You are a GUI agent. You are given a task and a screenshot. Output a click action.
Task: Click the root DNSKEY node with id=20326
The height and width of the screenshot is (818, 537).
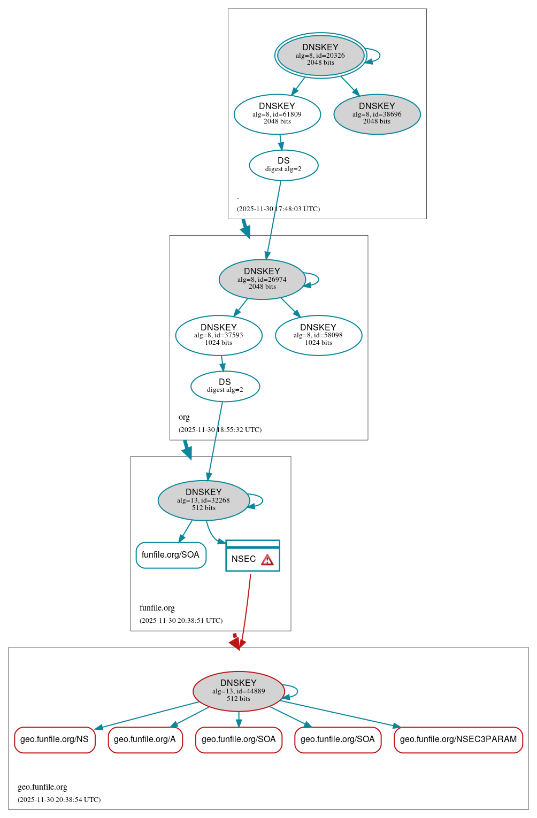tap(321, 55)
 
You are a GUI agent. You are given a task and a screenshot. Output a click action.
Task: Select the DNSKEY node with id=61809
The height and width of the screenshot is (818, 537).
tap(277, 114)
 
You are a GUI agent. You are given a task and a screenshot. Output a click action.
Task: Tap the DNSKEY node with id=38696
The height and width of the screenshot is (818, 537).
tap(377, 114)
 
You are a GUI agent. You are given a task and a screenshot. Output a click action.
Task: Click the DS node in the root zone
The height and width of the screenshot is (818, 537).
tap(283, 165)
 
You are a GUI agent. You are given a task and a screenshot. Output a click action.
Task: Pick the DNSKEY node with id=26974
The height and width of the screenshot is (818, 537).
tap(262, 279)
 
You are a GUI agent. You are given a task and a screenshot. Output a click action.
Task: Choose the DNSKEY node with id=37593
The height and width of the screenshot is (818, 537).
tap(219, 335)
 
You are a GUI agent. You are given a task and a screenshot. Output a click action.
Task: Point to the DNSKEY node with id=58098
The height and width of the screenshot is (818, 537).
tap(318, 335)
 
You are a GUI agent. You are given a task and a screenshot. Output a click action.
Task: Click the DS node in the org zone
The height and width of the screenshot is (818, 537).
tap(225, 386)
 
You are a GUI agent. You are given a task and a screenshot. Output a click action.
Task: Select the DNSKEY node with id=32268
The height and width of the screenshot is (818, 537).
tap(204, 500)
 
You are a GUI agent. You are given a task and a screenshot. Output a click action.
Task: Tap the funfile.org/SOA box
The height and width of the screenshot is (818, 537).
tap(171, 555)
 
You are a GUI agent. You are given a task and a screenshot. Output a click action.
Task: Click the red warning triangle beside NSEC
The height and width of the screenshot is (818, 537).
tap(267, 560)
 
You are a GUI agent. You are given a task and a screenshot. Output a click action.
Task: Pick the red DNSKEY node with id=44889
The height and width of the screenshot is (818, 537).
tap(239, 691)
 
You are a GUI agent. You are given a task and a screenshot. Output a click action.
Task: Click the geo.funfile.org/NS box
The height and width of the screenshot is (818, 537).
tap(55, 739)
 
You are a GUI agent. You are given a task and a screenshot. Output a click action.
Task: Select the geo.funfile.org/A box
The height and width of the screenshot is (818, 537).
tap(145, 739)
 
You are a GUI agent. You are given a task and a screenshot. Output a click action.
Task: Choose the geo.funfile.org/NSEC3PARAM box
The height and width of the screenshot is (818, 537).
tap(458, 739)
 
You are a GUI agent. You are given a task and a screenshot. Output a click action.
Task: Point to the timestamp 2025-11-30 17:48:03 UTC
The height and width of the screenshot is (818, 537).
tap(278, 209)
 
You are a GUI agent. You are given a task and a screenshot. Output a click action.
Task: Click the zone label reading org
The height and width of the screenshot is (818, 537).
tap(184, 417)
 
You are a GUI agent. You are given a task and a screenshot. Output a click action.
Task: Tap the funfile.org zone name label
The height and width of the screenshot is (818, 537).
tap(157, 608)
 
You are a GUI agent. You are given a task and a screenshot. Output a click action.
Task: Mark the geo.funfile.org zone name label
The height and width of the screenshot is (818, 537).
tap(42, 787)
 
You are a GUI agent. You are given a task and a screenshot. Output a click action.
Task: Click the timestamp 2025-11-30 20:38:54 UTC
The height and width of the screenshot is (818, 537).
tap(59, 800)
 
